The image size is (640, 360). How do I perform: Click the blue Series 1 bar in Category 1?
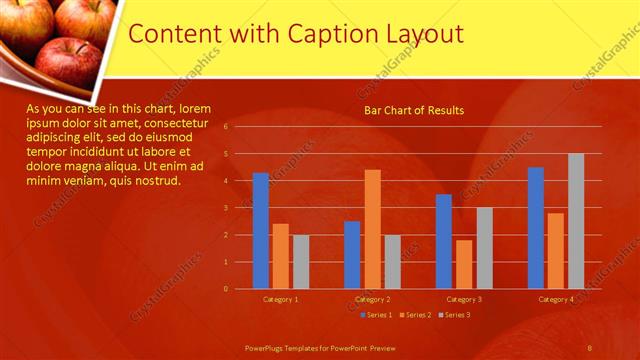click(x=261, y=231)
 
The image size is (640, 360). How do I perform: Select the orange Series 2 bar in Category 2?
click(x=372, y=229)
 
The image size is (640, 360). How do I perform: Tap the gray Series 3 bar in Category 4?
click(x=576, y=221)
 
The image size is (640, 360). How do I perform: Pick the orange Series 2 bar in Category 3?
click(x=464, y=264)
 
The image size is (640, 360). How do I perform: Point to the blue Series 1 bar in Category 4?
click(x=536, y=228)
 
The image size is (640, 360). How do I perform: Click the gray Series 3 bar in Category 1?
click(x=301, y=262)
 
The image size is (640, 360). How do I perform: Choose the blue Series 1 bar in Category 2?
click(x=352, y=255)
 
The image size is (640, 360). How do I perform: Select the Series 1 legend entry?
click(x=376, y=315)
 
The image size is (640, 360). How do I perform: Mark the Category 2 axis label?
click(x=373, y=299)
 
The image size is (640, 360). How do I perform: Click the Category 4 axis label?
click(x=556, y=299)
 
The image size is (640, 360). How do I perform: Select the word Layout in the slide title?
click(x=426, y=33)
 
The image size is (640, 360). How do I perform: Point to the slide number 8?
click(x=590, y=347)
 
